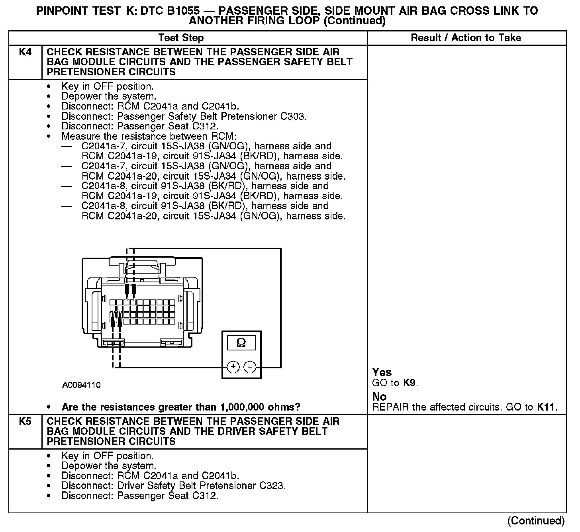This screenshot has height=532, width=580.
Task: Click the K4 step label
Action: coord(25,52)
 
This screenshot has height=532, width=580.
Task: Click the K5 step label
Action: coord(25,422)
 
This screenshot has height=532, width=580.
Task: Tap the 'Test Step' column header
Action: coord(181,38)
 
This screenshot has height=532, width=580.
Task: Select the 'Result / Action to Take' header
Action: coord(466,38)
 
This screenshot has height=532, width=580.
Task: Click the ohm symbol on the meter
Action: coord(241,342)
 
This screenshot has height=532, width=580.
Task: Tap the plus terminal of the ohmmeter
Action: coord(233,367)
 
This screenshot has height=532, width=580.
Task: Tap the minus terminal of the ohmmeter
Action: coord(250,367)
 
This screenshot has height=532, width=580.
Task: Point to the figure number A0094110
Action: coord(81,385)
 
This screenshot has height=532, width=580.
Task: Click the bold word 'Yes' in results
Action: coord(382,372)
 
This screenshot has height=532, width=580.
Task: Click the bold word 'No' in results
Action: coord(379,397)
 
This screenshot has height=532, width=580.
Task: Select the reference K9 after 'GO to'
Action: coord(410,383)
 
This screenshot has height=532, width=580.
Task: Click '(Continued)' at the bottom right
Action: coord(536,521)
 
